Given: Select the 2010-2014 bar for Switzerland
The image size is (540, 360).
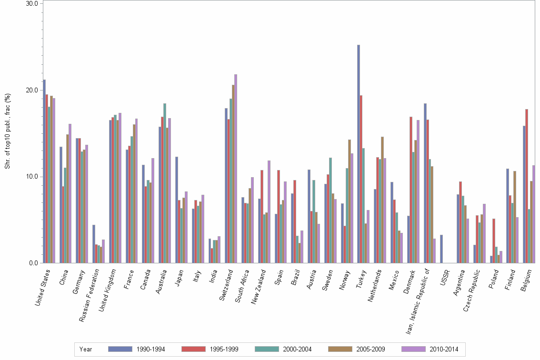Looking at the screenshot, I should tap(236, 169).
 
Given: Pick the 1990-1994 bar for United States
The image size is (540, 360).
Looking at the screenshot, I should tap(44, 171).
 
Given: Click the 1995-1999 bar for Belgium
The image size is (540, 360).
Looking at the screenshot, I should tap(527, 186).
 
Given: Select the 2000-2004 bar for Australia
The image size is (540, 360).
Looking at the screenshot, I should tap(165, 183).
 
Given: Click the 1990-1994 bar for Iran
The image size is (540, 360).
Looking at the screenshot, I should tap(425, 183).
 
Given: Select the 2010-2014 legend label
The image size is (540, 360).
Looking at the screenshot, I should tap(443, 349).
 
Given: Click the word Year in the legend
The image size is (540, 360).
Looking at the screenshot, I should tap(86, 349).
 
